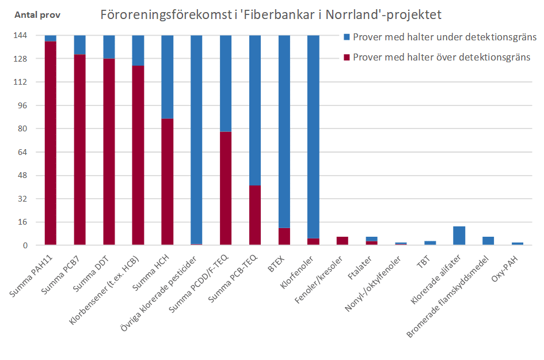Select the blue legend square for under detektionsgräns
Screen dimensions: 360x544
347,37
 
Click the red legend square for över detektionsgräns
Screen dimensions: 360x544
347,57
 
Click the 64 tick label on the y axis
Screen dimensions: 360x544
21,152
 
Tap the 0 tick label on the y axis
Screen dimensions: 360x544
24,245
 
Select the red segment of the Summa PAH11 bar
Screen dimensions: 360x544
51,144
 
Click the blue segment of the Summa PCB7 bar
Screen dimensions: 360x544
79,45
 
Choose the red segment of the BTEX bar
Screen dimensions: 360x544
284,236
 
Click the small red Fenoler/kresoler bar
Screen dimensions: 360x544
343,241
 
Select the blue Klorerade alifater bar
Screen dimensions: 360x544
459,236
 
